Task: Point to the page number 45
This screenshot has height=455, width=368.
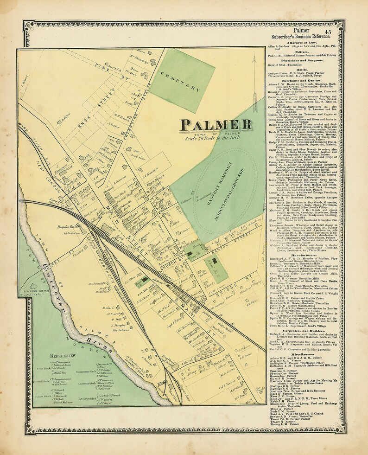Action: [x=328, y=31]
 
